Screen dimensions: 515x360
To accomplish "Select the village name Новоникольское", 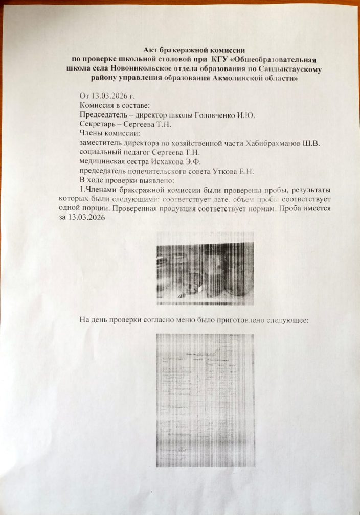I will pos(141,68).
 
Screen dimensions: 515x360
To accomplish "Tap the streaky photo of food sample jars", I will pos(205,268).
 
